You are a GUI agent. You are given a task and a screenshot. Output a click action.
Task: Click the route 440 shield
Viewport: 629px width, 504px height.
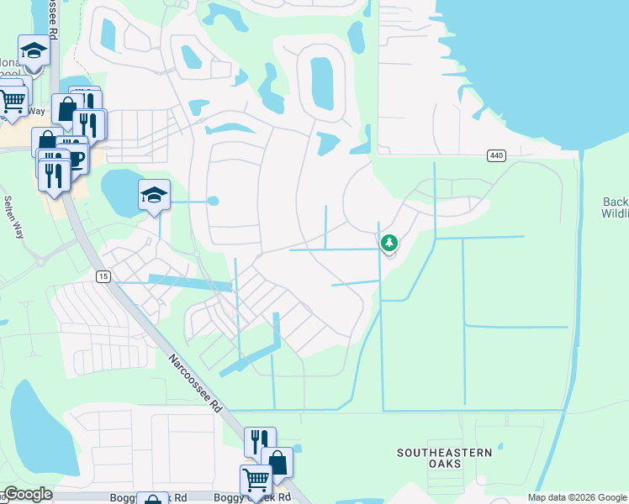[x=496, y=155]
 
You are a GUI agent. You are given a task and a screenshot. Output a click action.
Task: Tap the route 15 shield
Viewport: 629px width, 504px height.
[x=103, y=276]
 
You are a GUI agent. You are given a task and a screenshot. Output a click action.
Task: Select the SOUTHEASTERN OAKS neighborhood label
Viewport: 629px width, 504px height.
[x=445, y=459]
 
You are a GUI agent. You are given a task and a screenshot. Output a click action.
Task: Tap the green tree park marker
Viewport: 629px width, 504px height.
[x=388, y=244]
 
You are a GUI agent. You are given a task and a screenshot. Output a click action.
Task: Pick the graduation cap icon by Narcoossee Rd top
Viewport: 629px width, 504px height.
[x=34, y=51]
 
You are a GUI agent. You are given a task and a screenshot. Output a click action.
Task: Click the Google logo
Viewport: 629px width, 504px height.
[x=27, y=494]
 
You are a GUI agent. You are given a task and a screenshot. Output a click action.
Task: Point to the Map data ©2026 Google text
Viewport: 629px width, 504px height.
[x=577, y=497]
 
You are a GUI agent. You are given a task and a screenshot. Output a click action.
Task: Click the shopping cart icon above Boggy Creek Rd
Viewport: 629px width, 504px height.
[x=256, y=480]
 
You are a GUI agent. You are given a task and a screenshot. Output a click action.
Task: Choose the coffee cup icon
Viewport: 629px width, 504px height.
[x=76, y=160]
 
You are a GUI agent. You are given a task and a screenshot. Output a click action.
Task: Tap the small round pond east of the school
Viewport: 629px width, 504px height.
[x=213, y=202]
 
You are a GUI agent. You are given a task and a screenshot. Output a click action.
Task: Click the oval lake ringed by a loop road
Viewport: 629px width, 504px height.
[x=322, y=82]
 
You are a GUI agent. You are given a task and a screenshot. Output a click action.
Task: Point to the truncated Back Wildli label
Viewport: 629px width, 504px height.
[x=616, y=207]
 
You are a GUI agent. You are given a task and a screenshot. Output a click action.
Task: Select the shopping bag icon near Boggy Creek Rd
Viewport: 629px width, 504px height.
[x=277, y=461]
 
